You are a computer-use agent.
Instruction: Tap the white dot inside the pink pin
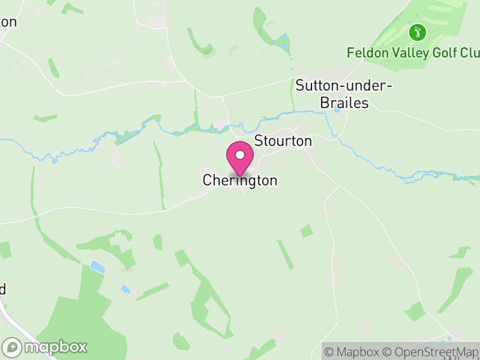point(240,155)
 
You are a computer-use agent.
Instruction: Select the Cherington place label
point(240,181)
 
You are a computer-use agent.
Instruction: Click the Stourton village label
point(283,141)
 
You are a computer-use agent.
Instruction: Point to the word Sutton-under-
point(343,86)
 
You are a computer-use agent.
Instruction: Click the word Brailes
point(344,103)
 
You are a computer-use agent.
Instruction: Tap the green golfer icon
point(417,32)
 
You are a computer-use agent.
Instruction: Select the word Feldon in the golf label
point(368,53)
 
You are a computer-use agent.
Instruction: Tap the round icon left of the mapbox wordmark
point(13,347)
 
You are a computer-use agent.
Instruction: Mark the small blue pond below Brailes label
point(337,110)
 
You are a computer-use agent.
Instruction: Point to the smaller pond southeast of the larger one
point(125,289)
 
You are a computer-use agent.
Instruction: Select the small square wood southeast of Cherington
point(306,231)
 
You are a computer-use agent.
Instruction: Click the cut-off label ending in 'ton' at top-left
point(8,22)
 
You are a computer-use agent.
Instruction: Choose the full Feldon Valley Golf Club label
point(413,53)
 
